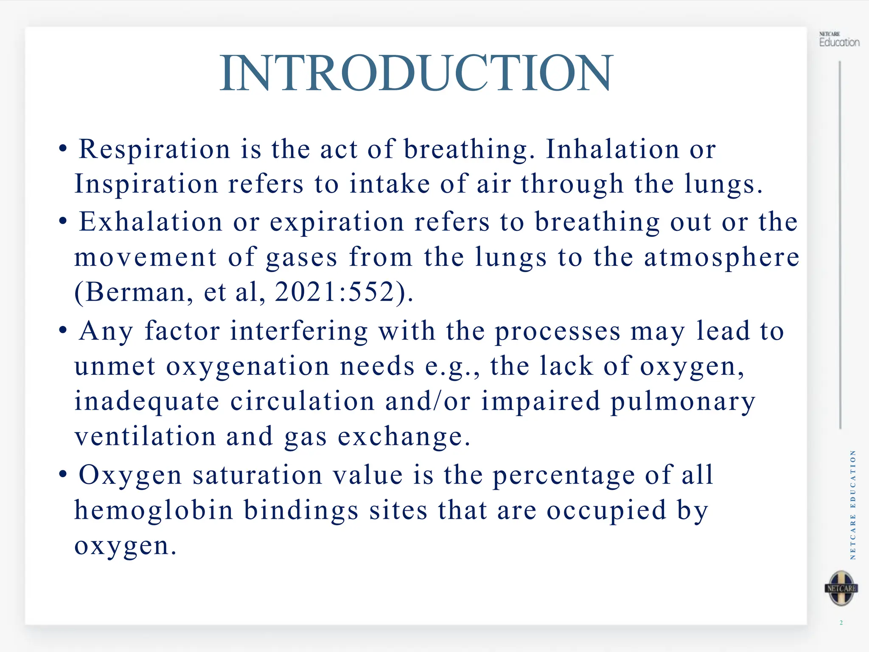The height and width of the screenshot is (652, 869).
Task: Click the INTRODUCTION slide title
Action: coord(416,73)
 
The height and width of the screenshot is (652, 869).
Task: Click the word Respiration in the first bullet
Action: coord(154,149)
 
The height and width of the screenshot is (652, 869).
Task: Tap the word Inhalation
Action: coord(613,149)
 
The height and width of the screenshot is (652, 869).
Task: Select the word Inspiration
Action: coord(146,185)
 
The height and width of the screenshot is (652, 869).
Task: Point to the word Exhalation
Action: coord(151,222)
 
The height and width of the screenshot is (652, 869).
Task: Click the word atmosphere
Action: coord(722,257)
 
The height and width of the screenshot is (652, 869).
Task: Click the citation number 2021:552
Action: coord(335,292)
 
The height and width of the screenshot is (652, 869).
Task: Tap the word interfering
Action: coord(299,331)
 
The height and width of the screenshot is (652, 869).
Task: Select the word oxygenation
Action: coord(248,366)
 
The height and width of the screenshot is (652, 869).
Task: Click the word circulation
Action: coord(303,402)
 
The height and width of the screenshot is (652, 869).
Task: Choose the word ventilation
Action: coord(145,436)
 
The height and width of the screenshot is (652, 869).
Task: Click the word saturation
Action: coord(257,475)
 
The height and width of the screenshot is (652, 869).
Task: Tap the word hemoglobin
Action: coord(154,510)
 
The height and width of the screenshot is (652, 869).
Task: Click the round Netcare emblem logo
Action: coord(841,588)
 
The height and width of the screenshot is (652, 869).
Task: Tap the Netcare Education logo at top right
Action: coord(839,40)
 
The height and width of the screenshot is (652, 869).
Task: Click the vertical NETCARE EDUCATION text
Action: coord(853,505)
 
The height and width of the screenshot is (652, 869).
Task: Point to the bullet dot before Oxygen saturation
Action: coord(63,474)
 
